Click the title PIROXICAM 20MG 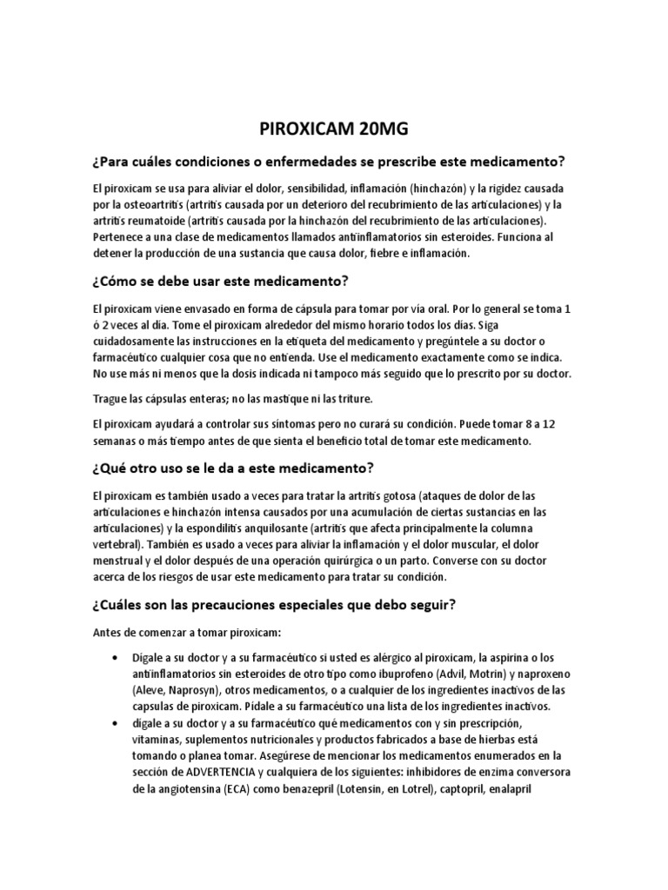tap(334, 131)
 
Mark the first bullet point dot tap(117, 658)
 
